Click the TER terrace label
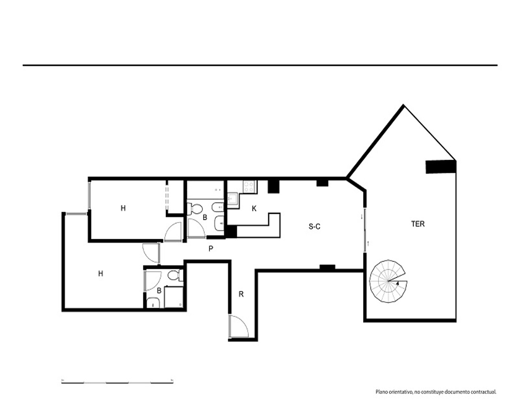(x=418, y=224)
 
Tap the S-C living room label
(x=314, y=227)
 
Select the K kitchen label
(x=254, y=209)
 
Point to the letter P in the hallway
(x=211, y=248)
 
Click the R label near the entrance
(x=241, y=294)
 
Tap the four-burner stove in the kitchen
(x=250, y=186)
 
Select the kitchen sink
(x=233, y=200)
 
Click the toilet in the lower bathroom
(x=175, y=275)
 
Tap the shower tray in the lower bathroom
(x=174, y=297)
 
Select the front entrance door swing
(x=238, y=327)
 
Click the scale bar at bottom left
(x=117, y=382)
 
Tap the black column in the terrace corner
(x=441, y=167)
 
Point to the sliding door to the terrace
(x=365, y=230)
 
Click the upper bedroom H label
(x=123, y=208)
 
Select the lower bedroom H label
(x=100, y=274)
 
